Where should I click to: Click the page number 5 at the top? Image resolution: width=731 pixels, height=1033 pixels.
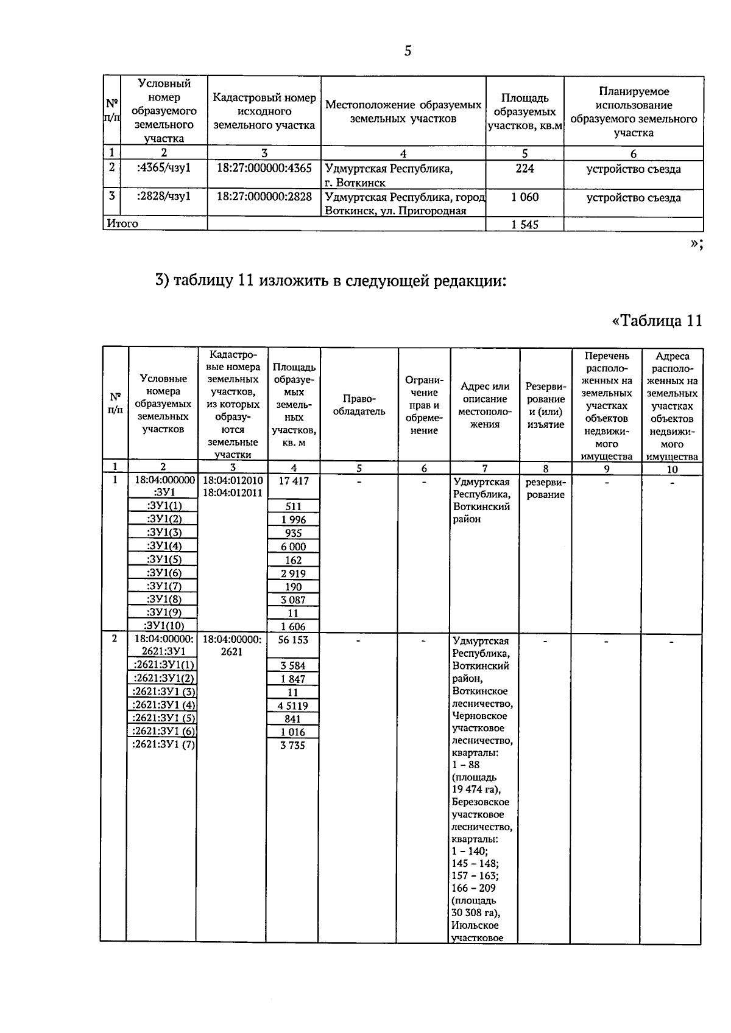click(408, 51)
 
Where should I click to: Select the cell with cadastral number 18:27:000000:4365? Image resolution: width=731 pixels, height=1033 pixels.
click(264, 168)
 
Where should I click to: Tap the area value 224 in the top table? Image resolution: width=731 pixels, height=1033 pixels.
click(524, 169)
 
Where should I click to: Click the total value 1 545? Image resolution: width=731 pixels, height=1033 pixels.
click(524, 225)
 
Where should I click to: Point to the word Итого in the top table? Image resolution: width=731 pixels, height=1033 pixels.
click(122, 223)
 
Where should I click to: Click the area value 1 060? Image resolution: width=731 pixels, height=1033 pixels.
click(524, 197)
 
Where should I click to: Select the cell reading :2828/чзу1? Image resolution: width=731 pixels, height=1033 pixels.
click(164, 197)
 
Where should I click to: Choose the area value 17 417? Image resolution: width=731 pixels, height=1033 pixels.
click(294, 481)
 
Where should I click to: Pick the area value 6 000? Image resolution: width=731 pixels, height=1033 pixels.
click(293, 547)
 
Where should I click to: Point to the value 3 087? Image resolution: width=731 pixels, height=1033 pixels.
click(293, 600)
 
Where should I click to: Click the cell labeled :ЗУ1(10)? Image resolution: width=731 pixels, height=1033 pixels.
click(163, 626)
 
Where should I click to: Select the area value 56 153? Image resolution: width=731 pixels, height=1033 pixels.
click(293, 640)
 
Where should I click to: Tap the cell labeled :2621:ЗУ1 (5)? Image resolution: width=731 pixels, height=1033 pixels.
click(164, 718)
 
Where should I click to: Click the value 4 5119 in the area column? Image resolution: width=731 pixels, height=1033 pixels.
click(293, 706)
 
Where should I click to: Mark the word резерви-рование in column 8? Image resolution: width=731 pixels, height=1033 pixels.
click(545, 488)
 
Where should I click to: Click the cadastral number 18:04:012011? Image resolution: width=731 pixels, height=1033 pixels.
click(233, 493)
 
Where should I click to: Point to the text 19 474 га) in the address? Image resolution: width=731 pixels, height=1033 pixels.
click(476, 790)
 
